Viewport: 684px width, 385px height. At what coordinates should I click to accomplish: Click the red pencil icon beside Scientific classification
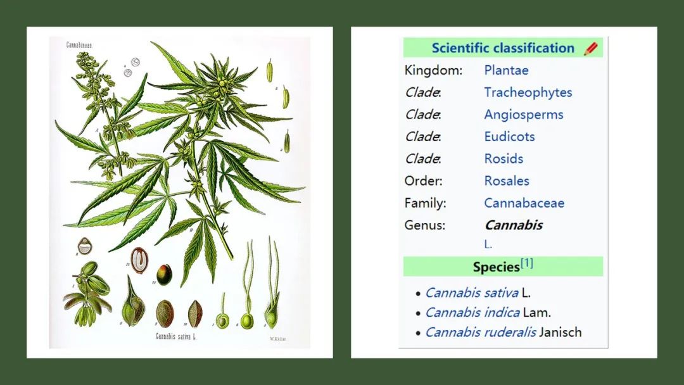pos(590,48)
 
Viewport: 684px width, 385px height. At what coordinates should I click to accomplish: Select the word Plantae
pos(506,70)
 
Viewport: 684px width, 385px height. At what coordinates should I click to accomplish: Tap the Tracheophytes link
pos(528,92)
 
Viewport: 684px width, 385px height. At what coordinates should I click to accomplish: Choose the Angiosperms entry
pos(523,115)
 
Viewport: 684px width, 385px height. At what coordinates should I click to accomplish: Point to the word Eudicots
pos(509,137)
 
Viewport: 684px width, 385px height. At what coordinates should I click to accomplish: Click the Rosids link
pos(503,159)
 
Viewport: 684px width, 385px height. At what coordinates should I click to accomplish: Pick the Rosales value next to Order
pos(506,181)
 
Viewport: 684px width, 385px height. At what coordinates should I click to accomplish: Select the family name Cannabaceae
pos(524,203)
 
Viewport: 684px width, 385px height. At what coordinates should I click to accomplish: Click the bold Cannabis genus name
pos(513,225)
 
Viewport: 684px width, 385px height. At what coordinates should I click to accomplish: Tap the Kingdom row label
pos(433,70)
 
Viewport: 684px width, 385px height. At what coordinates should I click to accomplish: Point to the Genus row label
pos(426,225)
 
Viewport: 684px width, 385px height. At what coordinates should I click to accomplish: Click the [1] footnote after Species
pos(527,263)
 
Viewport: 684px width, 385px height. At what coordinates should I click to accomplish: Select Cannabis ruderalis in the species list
pos(480,332)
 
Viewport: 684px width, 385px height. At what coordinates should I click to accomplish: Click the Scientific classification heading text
pos(503,48)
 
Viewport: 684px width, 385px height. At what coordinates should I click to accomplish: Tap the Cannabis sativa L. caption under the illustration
pos(176,337)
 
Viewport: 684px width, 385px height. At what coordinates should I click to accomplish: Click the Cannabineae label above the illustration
pos(80,46)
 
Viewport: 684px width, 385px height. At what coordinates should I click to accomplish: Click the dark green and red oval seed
pos(164,274)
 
